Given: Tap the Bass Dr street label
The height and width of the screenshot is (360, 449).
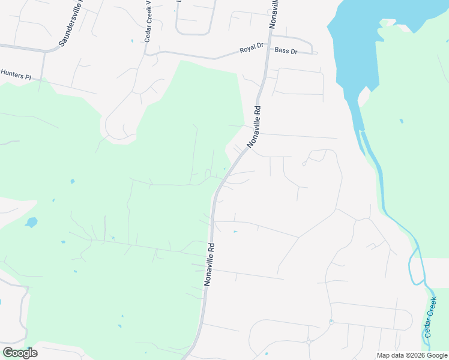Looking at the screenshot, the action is [286, 51].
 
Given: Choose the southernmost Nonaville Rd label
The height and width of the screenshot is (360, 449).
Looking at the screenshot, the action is [209, 264].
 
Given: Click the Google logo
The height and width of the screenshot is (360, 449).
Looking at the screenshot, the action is [20, 352].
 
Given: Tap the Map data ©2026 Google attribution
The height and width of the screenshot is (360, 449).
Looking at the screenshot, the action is [412, 355].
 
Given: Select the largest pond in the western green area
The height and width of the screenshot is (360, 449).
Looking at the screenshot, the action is [31, 223].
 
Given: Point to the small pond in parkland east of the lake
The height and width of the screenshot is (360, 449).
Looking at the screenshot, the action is [401, 121].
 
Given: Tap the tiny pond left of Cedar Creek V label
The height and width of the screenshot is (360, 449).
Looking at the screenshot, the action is [132, 41].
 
